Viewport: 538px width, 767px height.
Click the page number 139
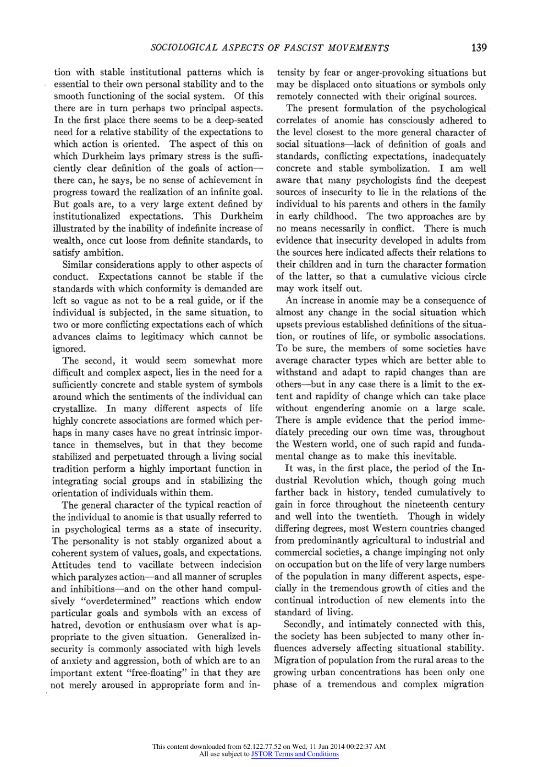pos(479,48)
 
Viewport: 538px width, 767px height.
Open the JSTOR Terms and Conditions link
pos(295,754)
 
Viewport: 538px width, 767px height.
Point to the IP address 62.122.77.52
pos(262,747)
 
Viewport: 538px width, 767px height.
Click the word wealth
pos(66,241)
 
